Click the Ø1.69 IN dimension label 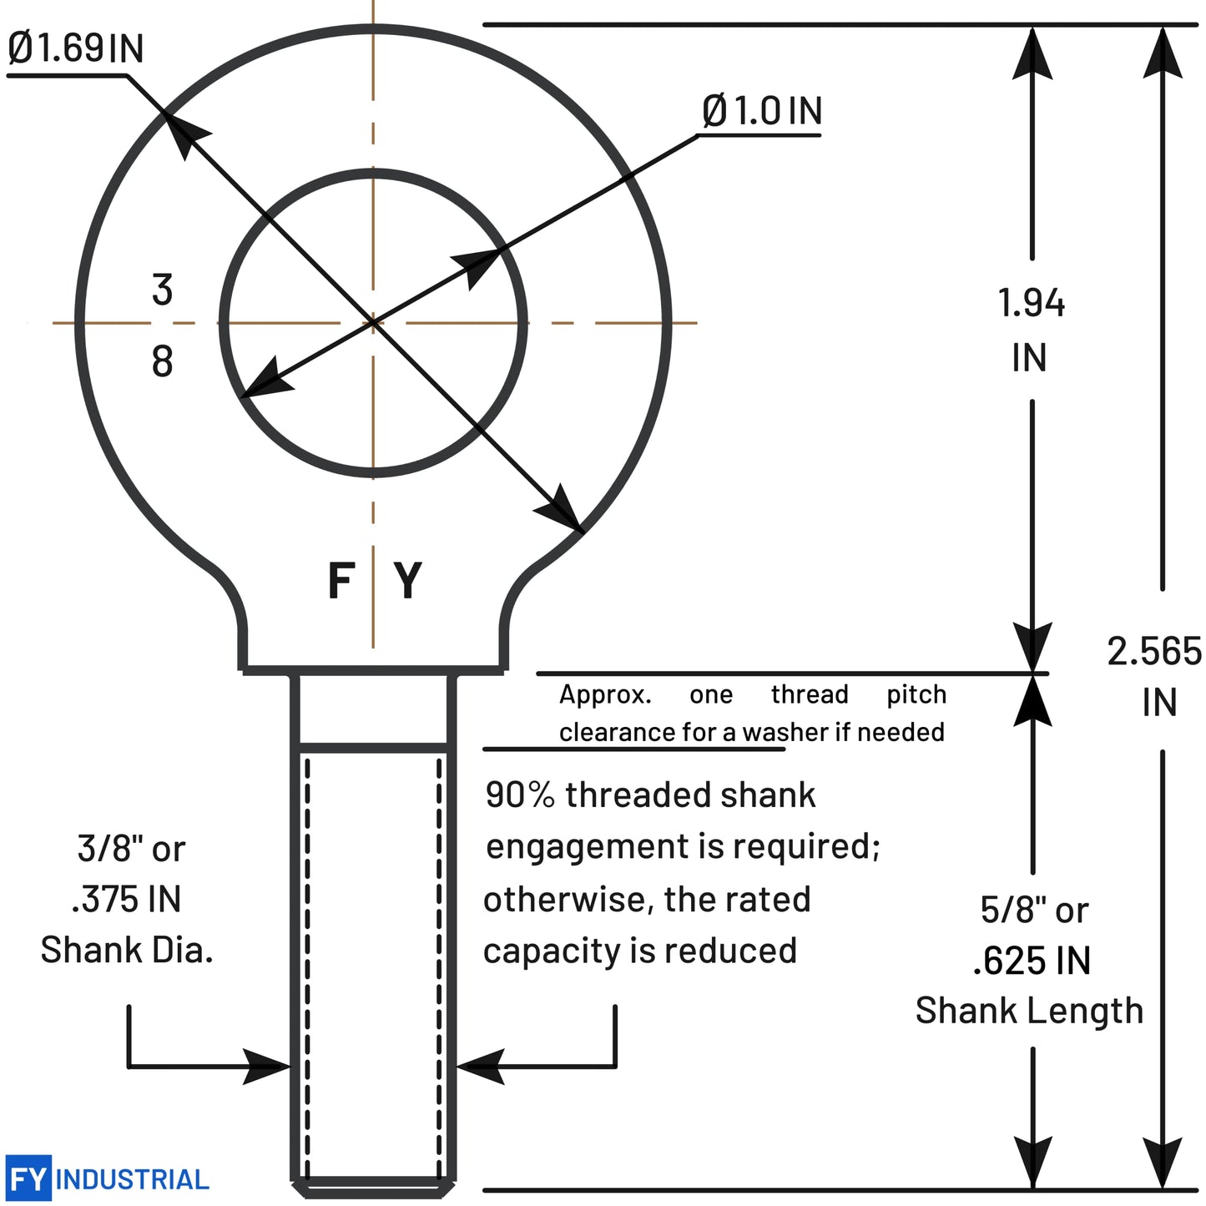coord(75,48)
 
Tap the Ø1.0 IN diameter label coord(762,110)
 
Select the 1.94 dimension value coord(1032,303)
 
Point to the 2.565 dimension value coord(1154,651)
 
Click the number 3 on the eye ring coord(162,290)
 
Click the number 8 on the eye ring coord(162,361)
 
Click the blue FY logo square coord(28,1178)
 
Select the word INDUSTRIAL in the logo coord(132,1179)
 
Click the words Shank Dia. coord(127,950)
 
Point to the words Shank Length coord(1029,1011)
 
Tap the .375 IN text coord(127,900)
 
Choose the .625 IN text coord(1032,961)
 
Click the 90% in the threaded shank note coord(519,795)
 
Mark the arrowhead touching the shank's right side coord(477,1066)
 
